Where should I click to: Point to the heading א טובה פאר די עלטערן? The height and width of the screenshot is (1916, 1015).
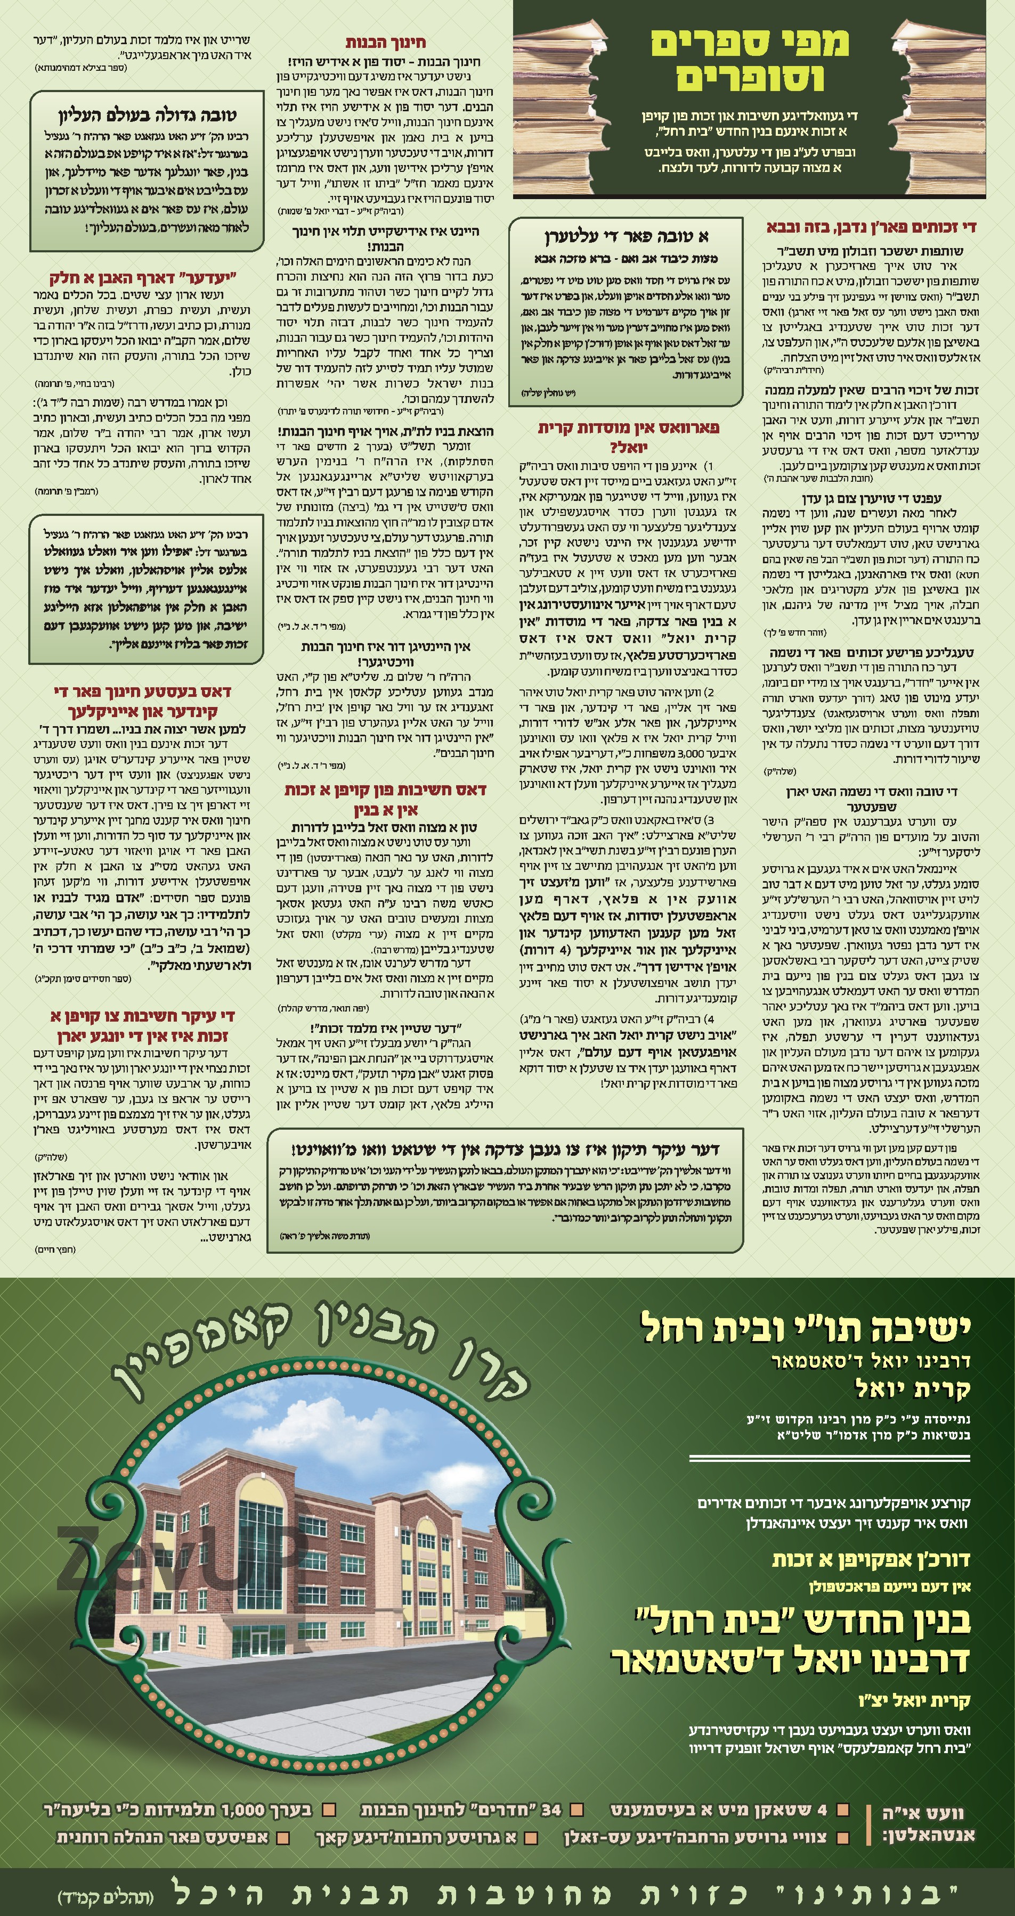(626, 236)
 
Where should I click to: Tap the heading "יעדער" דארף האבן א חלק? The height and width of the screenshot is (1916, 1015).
(142, 278)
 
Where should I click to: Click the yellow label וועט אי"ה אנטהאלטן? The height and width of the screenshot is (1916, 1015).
(927, 1822)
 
